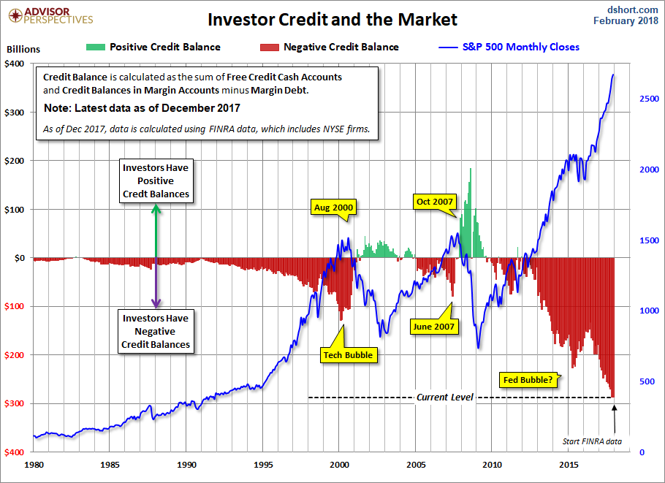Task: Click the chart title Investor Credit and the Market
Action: pos(332,19)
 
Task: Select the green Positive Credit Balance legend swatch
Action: pos(94,47)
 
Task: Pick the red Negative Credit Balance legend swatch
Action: pos(269,47)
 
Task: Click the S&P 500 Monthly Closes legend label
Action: pos(520,47)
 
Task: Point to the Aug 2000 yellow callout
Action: pos(333,208)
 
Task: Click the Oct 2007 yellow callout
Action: pos(433,202)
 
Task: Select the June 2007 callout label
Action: pos(434,326)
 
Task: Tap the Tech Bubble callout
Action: pos(348,355)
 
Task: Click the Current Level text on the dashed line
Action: pos(445,398)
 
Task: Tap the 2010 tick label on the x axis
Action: pos(493,464)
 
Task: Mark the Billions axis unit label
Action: pos(23,50)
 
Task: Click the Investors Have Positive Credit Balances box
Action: pos(156,180)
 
